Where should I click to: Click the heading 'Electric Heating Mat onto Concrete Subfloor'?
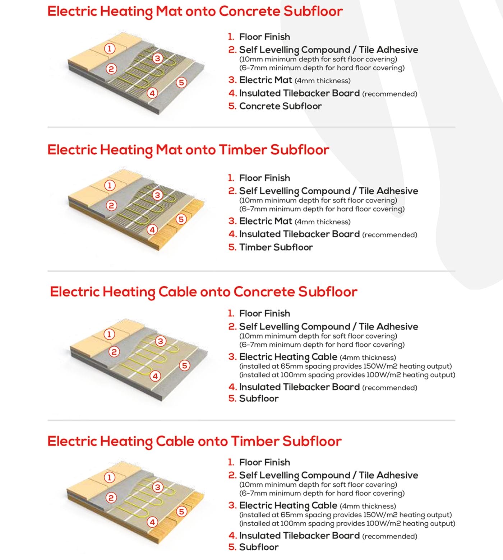pyautogui.click(x=195, y=11)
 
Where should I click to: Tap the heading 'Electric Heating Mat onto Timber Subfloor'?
pyautogui.click(x=188, y=150)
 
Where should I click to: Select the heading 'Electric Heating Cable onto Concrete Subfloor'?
pyautogui.click(x=203, y=291)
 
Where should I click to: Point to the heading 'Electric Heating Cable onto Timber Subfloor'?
pyautogui.click(x=194, y=441)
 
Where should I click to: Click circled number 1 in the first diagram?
pyautogui.click(x=110, y=48)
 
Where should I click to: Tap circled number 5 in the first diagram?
pyautogui.click(x=181, y=83)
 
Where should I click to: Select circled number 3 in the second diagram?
pyautogui.click(x=157, y=195)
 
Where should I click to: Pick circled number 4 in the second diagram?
pyautogui.click(x=152, y=230)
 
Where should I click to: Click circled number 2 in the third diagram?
pyautogui.click(x=114, y=352)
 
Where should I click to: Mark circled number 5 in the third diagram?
pyautogui.click(x=184, y=366)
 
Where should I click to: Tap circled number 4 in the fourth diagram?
pyautogui.click(x=152, y=522)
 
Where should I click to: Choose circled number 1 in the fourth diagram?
pyautogui.click(x=110, y=477)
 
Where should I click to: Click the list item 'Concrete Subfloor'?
pyautogui.click(x=280, y=106)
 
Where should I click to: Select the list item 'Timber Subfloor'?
pyautogui.click(x=276, y=247)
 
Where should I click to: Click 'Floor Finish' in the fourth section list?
pyautogui.click(x=264, y=462)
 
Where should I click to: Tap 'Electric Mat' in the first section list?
pyautogui.click(x=266, y=80)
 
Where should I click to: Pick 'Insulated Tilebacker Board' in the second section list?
pyautogui.click(x=299, y=234)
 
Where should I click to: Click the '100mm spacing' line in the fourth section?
pyautogui.click(x=347, y=523)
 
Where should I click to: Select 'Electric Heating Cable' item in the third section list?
pyautogui.click(x=288, y=357)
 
